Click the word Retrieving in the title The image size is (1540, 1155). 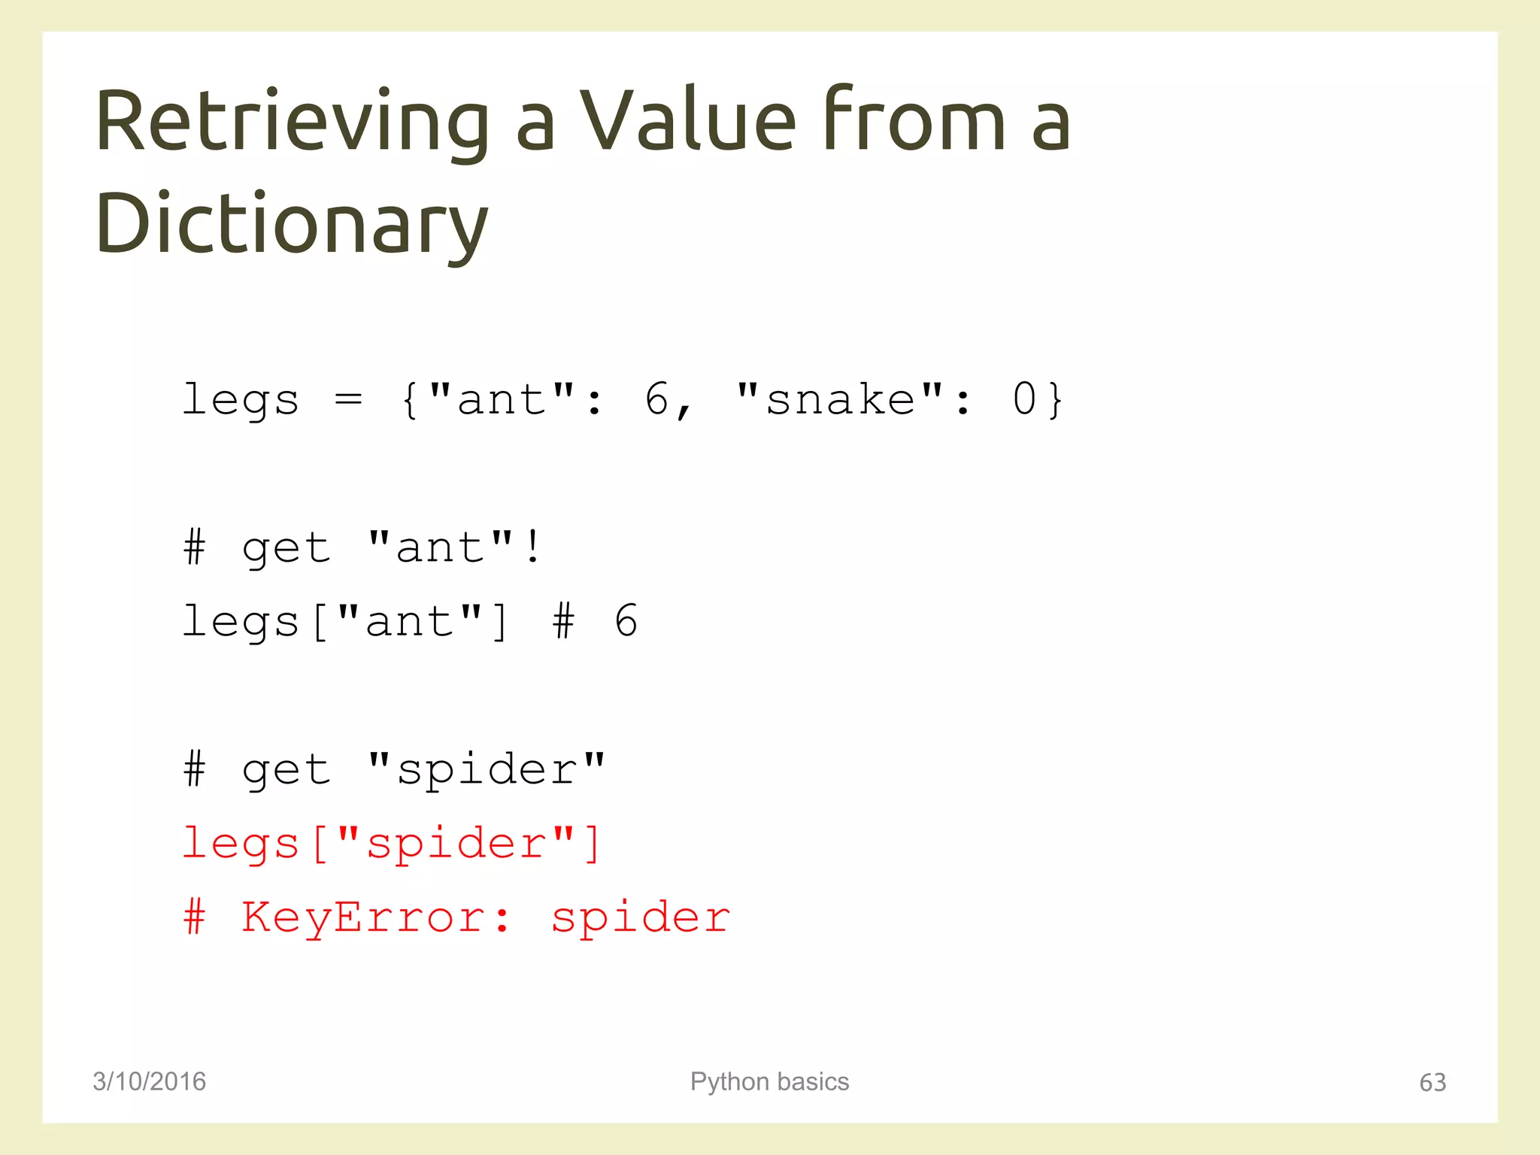click(293, 123)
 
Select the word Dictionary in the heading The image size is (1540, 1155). click(293, 224)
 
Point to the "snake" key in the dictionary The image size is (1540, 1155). click(839, 399)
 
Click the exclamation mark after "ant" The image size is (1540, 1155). click(533, 547)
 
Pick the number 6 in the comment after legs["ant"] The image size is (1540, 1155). click(626, 621)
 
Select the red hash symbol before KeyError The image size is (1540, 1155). click(194, 917)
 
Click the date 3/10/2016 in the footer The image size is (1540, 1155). click(149, 1081)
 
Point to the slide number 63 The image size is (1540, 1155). click(1432, 1082)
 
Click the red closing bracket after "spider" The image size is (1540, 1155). click(593, 844)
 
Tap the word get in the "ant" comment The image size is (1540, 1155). click(286, 548)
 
